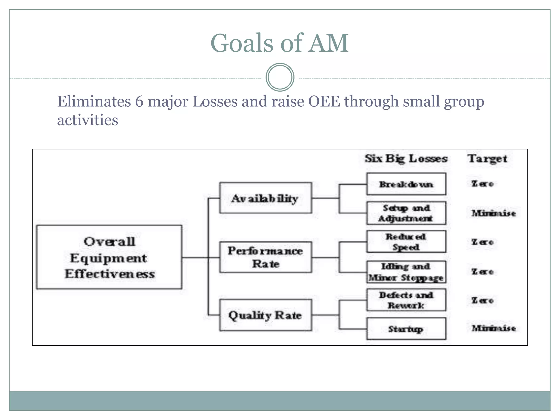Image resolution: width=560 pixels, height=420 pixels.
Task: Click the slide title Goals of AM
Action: pos(279,43)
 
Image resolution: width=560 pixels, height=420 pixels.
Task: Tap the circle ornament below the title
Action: pos(280,77)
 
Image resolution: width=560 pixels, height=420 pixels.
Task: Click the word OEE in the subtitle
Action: pos(324,101)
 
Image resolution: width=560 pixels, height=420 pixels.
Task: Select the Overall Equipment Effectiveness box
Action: pos(109,257)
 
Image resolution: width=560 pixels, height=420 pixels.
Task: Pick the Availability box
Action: pos(266,198)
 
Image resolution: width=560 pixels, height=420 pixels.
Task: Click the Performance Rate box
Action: pos(266,257)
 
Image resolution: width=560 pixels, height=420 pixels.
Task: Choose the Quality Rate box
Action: pos(266,315)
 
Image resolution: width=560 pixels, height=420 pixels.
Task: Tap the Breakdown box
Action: pos(406,184)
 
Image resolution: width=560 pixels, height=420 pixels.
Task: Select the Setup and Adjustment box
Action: pos(406,213)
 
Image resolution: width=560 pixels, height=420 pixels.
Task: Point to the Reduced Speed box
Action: pos(406,242)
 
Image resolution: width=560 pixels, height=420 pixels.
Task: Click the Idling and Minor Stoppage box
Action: pos(406,272)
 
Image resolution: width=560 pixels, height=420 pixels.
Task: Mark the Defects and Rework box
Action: pos(406,300)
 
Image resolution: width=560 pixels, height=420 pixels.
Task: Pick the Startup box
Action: pos(406,329)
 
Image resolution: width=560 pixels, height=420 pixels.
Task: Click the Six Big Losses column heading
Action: pos(406,159)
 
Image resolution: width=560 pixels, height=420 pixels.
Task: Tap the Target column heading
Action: pos(488,159)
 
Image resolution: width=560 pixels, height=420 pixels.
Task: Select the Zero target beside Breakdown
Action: pos(483,184)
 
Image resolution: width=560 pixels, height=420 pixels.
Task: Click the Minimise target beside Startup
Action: pos(494,328)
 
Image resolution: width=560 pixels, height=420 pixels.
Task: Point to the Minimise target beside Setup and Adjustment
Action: pos(494,213)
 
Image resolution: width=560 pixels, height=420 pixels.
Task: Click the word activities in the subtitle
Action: pos(87,120)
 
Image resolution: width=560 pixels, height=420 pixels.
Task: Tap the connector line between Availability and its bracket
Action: pos(325,198)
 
